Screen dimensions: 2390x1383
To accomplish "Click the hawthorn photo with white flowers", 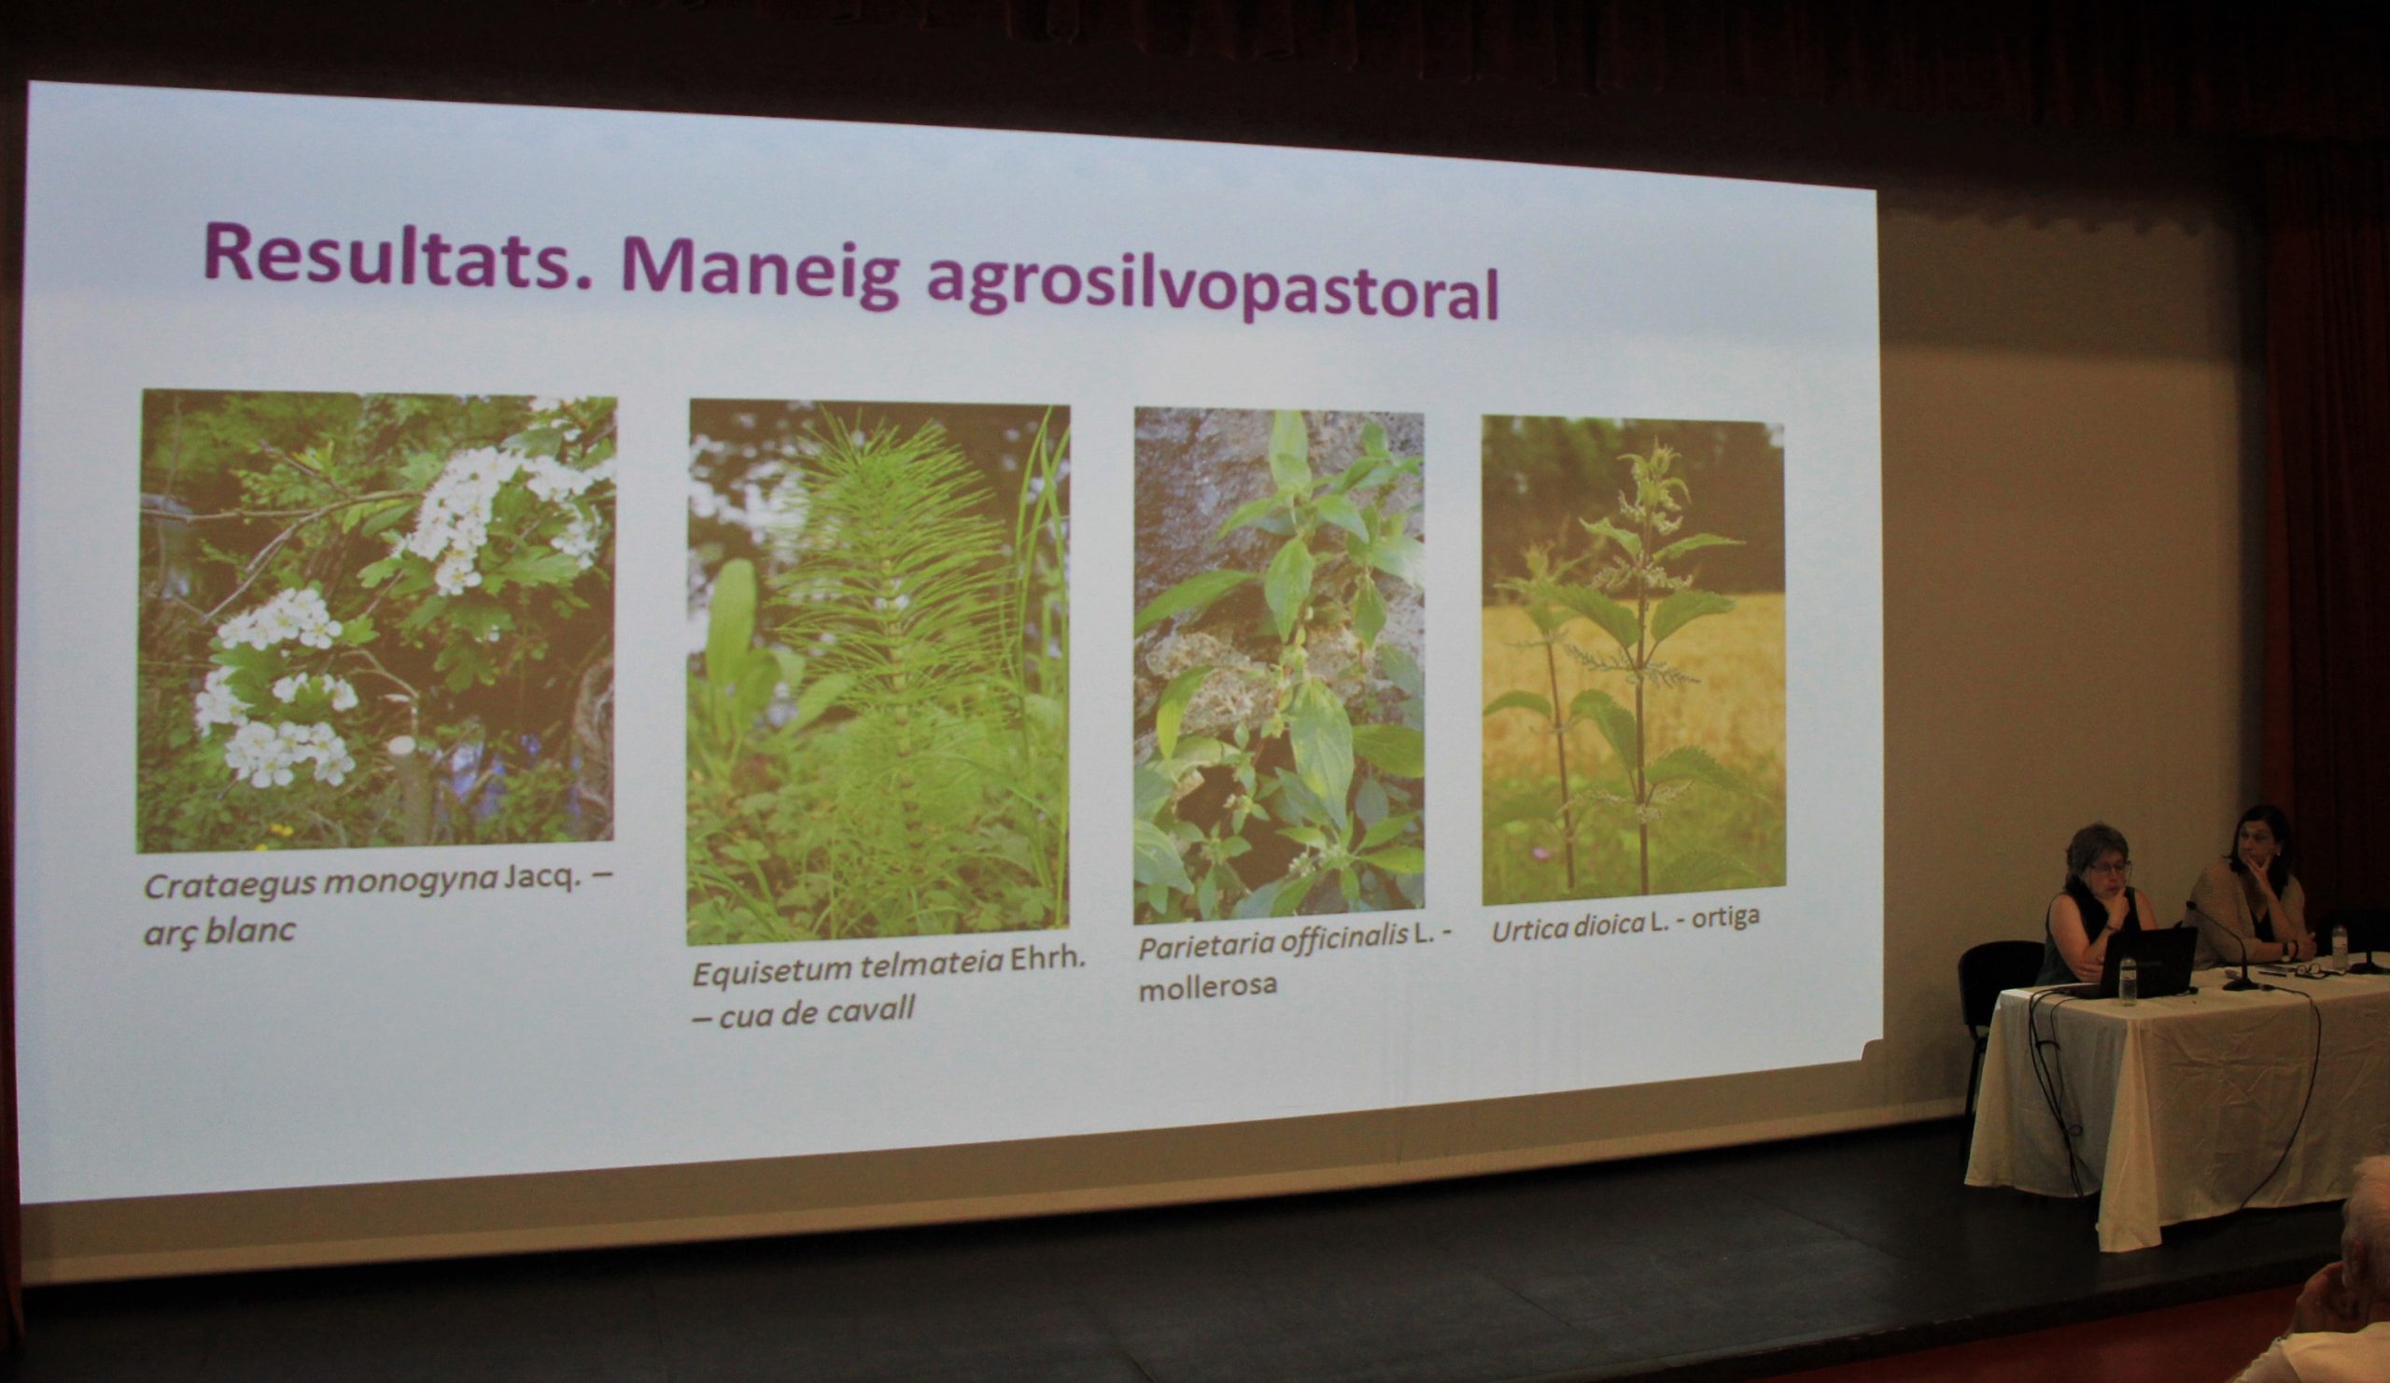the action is click(376, 621).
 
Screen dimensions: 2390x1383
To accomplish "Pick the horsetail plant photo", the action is click(879, 671).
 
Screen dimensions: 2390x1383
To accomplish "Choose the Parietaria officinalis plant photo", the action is click(1278, 666).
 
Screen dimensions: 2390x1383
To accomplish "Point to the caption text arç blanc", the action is click(219, 929).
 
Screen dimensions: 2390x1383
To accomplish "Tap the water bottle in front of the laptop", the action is click(2129, 981).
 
